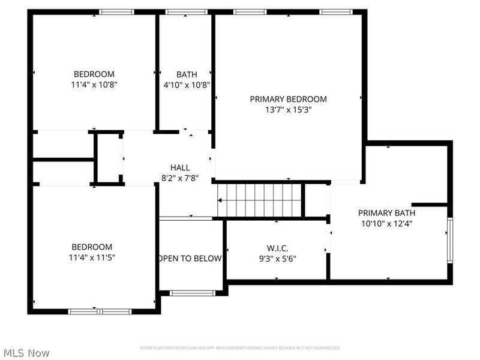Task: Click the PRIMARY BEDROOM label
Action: [288, 99]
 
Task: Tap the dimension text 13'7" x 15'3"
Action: [288, 110]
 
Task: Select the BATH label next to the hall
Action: [187, 74]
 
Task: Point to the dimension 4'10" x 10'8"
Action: [187, 85]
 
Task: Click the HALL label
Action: [179, 168]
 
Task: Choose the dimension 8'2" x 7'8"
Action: [179, 178]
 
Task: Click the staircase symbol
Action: [259, 200]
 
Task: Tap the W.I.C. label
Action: [277, 248]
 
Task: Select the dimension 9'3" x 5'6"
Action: [277, 259]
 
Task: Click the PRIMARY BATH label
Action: [386, 212]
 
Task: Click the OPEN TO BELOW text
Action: [190, 259]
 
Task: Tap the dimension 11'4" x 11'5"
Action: [92, 257]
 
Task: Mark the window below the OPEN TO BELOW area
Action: [192, 293]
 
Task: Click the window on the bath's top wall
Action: [186, 11]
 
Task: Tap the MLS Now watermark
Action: [26, 353]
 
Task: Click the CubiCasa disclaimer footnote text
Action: [240, 347]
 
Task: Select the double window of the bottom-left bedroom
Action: [100, 311]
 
